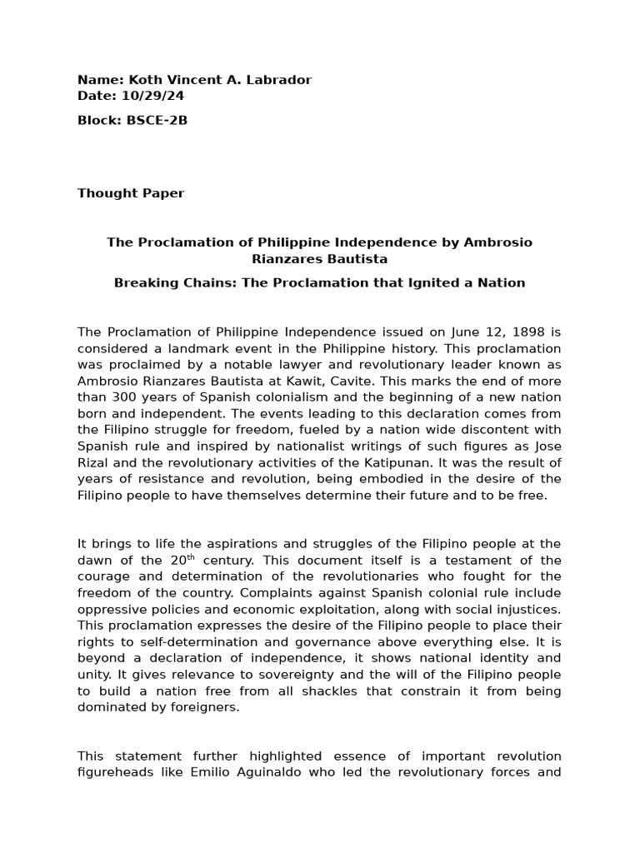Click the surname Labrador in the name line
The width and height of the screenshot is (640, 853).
pyautogui.click(x=281, y=80)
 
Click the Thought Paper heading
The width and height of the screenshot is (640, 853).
pyautogui.click(x=131, y=193)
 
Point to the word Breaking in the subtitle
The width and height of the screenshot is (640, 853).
pyautogui.click(x=143, y=282)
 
